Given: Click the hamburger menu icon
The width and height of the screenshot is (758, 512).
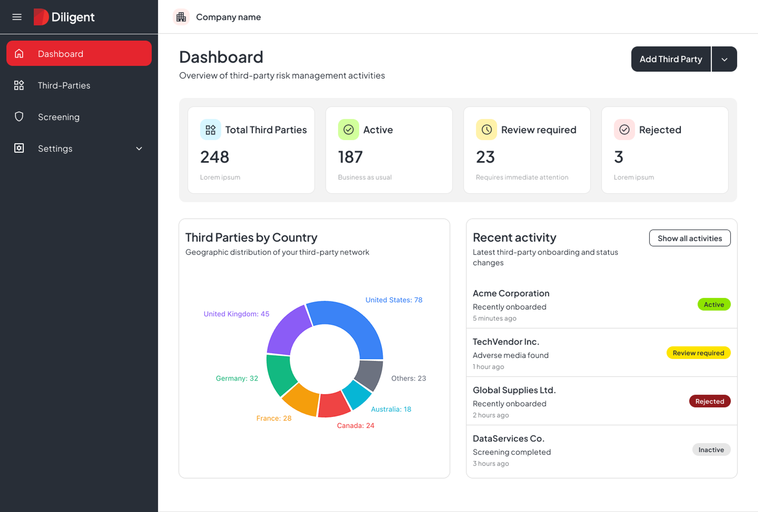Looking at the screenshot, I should pyautogui.click(x=17, y=17).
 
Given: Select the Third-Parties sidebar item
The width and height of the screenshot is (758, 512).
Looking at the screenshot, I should pyautogui.click(x=64, y=85).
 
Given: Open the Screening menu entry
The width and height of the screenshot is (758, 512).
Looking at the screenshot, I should pyautogui.click(x=59, y=117).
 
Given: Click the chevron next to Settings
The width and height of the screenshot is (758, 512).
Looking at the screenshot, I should pyautogui.click(x=139, y=149).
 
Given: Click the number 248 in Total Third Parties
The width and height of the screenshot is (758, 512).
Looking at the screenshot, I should pyautogui.click(x=215, y=157).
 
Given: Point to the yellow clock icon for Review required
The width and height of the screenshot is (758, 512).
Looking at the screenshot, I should pyautogui.click(x=486, y=130).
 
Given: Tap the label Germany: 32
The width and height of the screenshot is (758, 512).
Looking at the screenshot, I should pyautogui.click(x=237, y=378).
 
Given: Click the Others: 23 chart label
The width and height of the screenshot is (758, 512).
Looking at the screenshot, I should pyautogui.click(x=408, y=378).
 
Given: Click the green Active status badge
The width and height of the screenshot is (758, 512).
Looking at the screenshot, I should pyautogui.click(x=714, y=304).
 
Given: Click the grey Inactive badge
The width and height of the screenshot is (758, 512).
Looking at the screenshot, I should pyautogui.click(x=711, y=450).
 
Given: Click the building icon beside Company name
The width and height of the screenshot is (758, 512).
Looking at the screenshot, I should pyautogui.click(x=181, y=17).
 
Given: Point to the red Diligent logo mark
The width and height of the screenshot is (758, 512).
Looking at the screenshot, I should pyautogui.click(x=41, y=17).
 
